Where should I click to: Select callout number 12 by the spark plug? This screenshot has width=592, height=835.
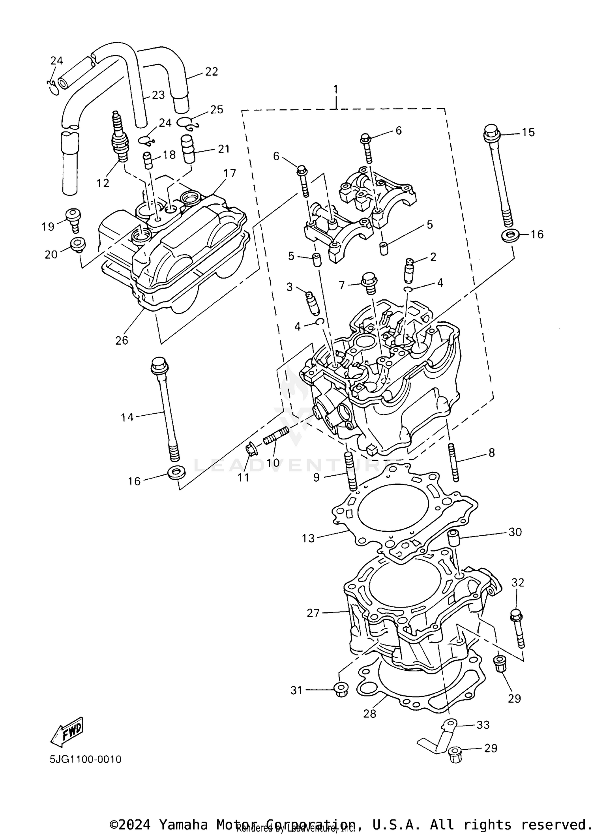pyautogui.click(x=103, y=183)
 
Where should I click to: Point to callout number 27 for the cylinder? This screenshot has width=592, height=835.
pyautogui.click(x=313, y=613)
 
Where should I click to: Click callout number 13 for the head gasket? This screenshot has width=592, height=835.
pyautogui.click(x=308, y=538)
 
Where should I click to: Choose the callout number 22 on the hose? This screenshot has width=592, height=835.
pyautogui.click(x=212, y=72)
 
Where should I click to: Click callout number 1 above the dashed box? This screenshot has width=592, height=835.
pyautogui.click(x=335, y=89)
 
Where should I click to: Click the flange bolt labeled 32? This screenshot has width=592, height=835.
pyautogui.click(x=518, y=630)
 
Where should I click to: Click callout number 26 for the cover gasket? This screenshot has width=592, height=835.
pyautogui.click(x=122, y=340)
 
